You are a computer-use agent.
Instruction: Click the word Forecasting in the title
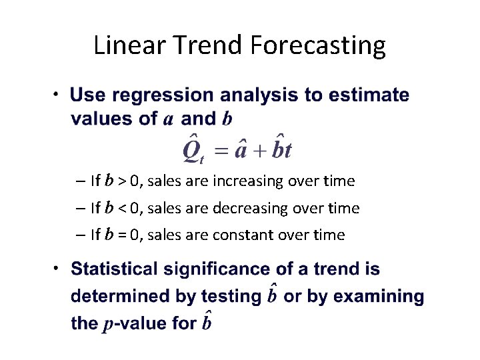click(318, 45)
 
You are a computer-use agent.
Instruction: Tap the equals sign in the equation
click(221, 150)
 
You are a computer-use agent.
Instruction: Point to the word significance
click(213, 269)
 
